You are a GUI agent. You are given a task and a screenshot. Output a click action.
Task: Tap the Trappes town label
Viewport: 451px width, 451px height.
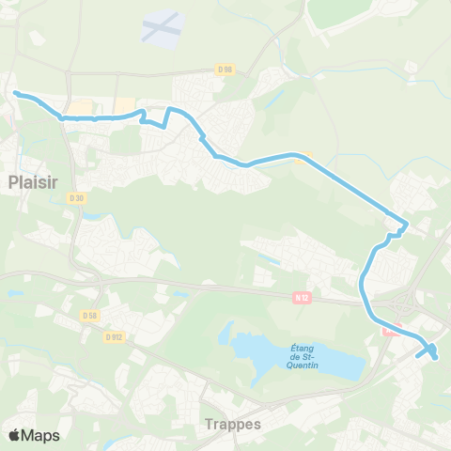click(x=232, y=425)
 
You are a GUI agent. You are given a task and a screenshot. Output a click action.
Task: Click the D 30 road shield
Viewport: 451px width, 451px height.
click(x=77, y=197)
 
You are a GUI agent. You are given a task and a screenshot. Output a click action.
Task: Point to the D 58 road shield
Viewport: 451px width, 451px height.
click(x=90, y=316)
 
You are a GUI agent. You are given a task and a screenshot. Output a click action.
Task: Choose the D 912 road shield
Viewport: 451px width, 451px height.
click(x=115, y=336)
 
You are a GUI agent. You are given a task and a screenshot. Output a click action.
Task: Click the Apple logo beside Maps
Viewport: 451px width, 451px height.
click(x=14, y=435)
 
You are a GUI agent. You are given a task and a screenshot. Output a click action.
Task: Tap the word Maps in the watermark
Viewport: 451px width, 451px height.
click(x=40, y=435)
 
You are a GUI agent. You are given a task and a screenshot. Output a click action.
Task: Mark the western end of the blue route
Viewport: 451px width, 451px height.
click(x=16, y=92)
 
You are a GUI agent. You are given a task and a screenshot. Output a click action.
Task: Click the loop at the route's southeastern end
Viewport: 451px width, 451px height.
click(x=430, y=352)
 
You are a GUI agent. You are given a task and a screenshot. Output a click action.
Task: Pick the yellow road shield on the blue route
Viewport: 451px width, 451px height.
click(x=299, y=158)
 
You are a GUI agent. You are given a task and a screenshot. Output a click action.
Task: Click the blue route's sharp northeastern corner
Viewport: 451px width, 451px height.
click(x=405, y=225)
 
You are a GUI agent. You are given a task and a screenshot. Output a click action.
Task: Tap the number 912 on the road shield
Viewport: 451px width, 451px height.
click(x=117, y=336)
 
